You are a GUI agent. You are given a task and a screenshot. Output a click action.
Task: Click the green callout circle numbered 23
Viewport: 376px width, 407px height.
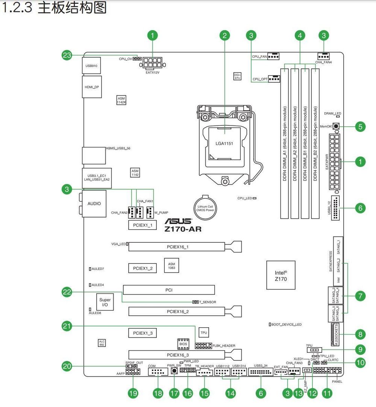tap(67, 56)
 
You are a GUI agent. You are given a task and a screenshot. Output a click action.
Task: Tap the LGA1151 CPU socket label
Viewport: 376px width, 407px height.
tap(225, 143)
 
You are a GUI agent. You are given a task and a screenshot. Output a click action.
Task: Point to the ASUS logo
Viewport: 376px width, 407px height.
tap(178, 222)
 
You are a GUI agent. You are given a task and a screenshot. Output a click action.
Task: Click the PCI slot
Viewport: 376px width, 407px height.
tap(169, 290)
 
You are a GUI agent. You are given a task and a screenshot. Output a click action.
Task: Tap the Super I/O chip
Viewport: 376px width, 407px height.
tap(105, 302)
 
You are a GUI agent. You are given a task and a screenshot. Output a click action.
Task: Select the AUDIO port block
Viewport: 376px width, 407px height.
tap(94, 204)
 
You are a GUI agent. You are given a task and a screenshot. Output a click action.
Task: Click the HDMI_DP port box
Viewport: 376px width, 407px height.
tap(91, 87)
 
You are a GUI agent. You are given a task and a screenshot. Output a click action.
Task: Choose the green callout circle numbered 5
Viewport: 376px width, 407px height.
tap(360, 127)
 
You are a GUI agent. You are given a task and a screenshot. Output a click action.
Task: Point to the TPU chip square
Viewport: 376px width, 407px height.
tap(203, 333)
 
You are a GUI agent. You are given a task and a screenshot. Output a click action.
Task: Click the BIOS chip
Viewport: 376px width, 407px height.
tap(183, 344)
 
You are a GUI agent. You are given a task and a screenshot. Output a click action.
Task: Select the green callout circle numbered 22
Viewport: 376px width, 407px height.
tap(67, 292)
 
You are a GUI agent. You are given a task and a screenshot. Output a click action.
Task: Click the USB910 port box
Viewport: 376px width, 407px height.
tap(91, 65)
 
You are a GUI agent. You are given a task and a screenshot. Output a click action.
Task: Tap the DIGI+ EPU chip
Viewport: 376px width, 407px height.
tap(237, 76)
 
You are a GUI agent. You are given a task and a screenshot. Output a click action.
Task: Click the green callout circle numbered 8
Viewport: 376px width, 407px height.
tap(360, 334)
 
